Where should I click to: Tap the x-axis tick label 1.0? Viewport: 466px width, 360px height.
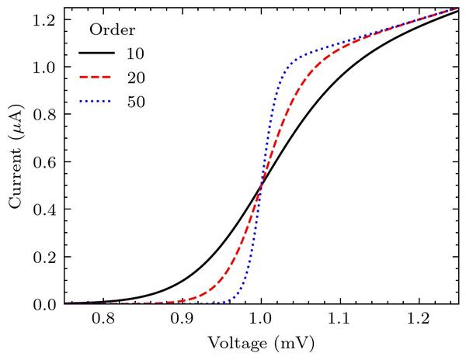[x=261, y=318]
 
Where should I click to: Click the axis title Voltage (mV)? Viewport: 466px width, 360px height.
[x=261, y=341]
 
